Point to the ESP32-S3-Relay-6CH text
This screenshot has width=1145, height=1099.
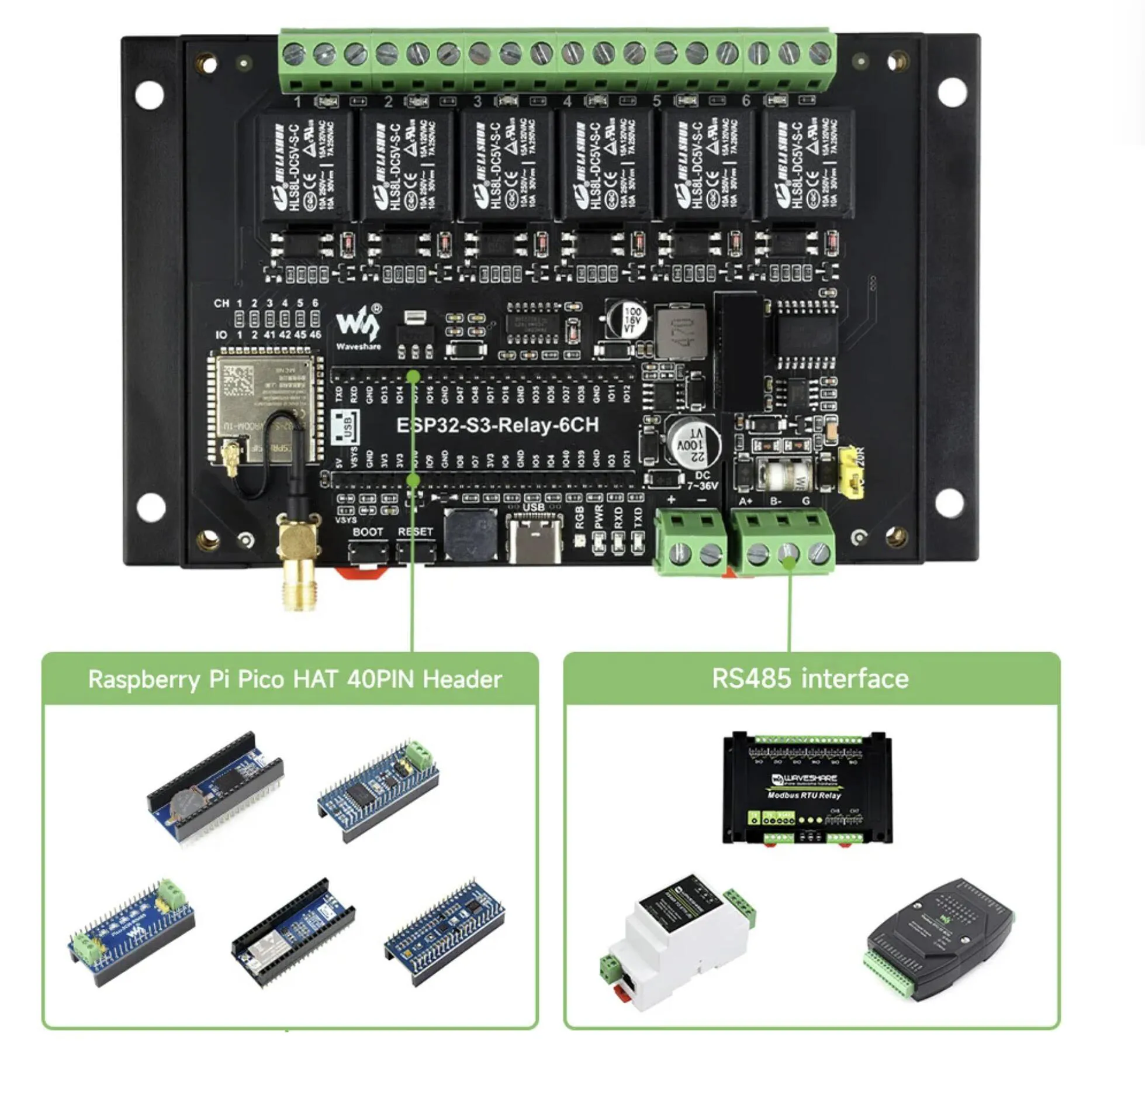coord(497,425)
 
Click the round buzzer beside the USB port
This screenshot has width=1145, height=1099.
coord(471,534)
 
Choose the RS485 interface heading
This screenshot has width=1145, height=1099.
coord(810,678)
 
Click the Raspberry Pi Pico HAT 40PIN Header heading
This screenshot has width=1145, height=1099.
coord(295,679)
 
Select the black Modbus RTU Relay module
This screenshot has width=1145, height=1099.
coord(807,787)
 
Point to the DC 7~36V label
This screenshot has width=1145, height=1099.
coord(702,481)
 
